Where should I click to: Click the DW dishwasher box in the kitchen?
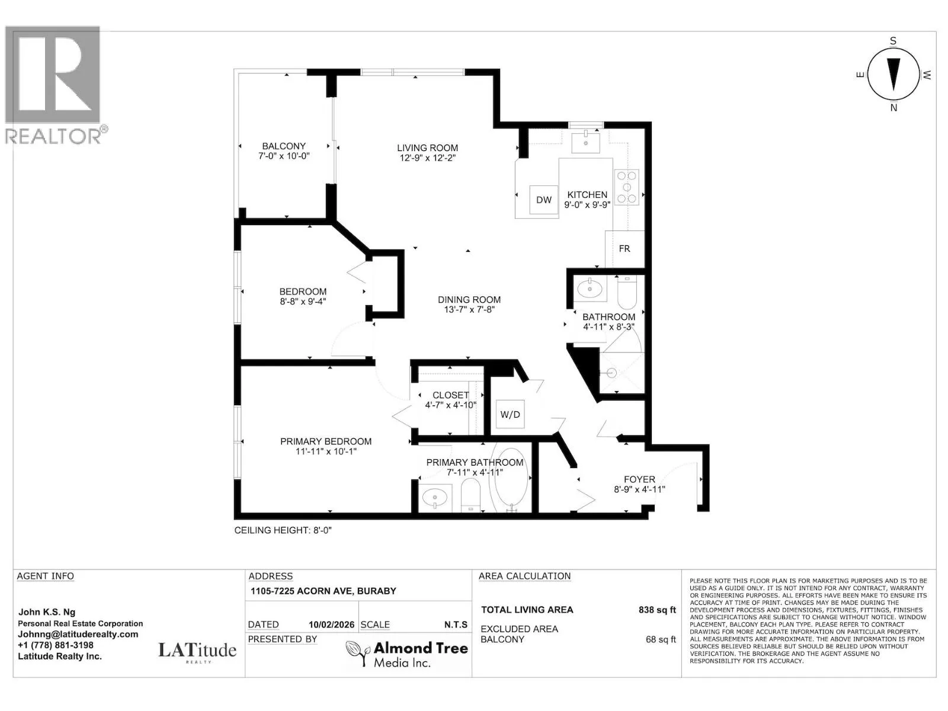point(544,200)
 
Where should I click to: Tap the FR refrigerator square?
point(624,249)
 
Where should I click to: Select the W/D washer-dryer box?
point(510,414)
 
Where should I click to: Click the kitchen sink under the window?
point(585,143)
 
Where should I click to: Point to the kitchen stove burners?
point(627,187)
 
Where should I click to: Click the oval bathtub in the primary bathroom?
point(511,478)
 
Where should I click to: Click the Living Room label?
point(428,148)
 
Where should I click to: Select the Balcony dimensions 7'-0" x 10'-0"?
point(284,156)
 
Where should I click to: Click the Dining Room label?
point(469,300)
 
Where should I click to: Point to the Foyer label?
point(639,479)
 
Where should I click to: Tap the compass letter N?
point(893,108)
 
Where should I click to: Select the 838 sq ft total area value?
point(657,610)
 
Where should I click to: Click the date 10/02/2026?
point(331,624)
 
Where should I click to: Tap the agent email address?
point(78,635)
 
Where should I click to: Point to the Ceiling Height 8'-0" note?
point(283,530)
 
